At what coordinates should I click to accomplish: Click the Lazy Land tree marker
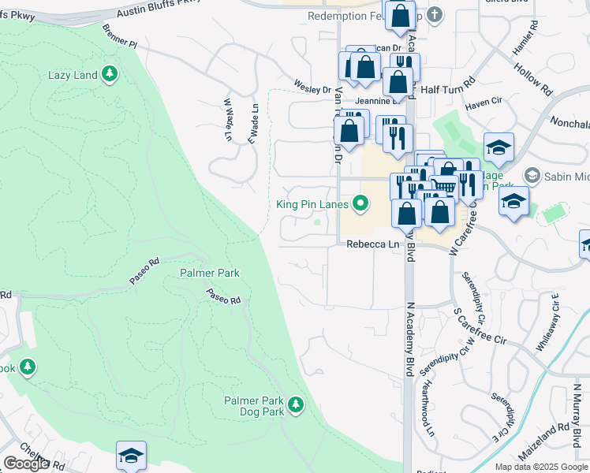coord(110,75)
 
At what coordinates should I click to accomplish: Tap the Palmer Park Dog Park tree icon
coord(296,404)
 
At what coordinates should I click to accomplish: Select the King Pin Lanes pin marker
coord(361,204)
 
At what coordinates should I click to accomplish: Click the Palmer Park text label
coord(209,273)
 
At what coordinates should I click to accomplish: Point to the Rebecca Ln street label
coord(373,245)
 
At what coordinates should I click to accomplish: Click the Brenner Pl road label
coord(120,36)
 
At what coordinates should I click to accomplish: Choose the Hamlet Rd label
coord(525,38)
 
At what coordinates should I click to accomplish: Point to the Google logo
coord(27,464)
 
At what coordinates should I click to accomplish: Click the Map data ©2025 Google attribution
coord(540,467)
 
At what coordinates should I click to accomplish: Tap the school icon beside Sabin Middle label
coord(532,175)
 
